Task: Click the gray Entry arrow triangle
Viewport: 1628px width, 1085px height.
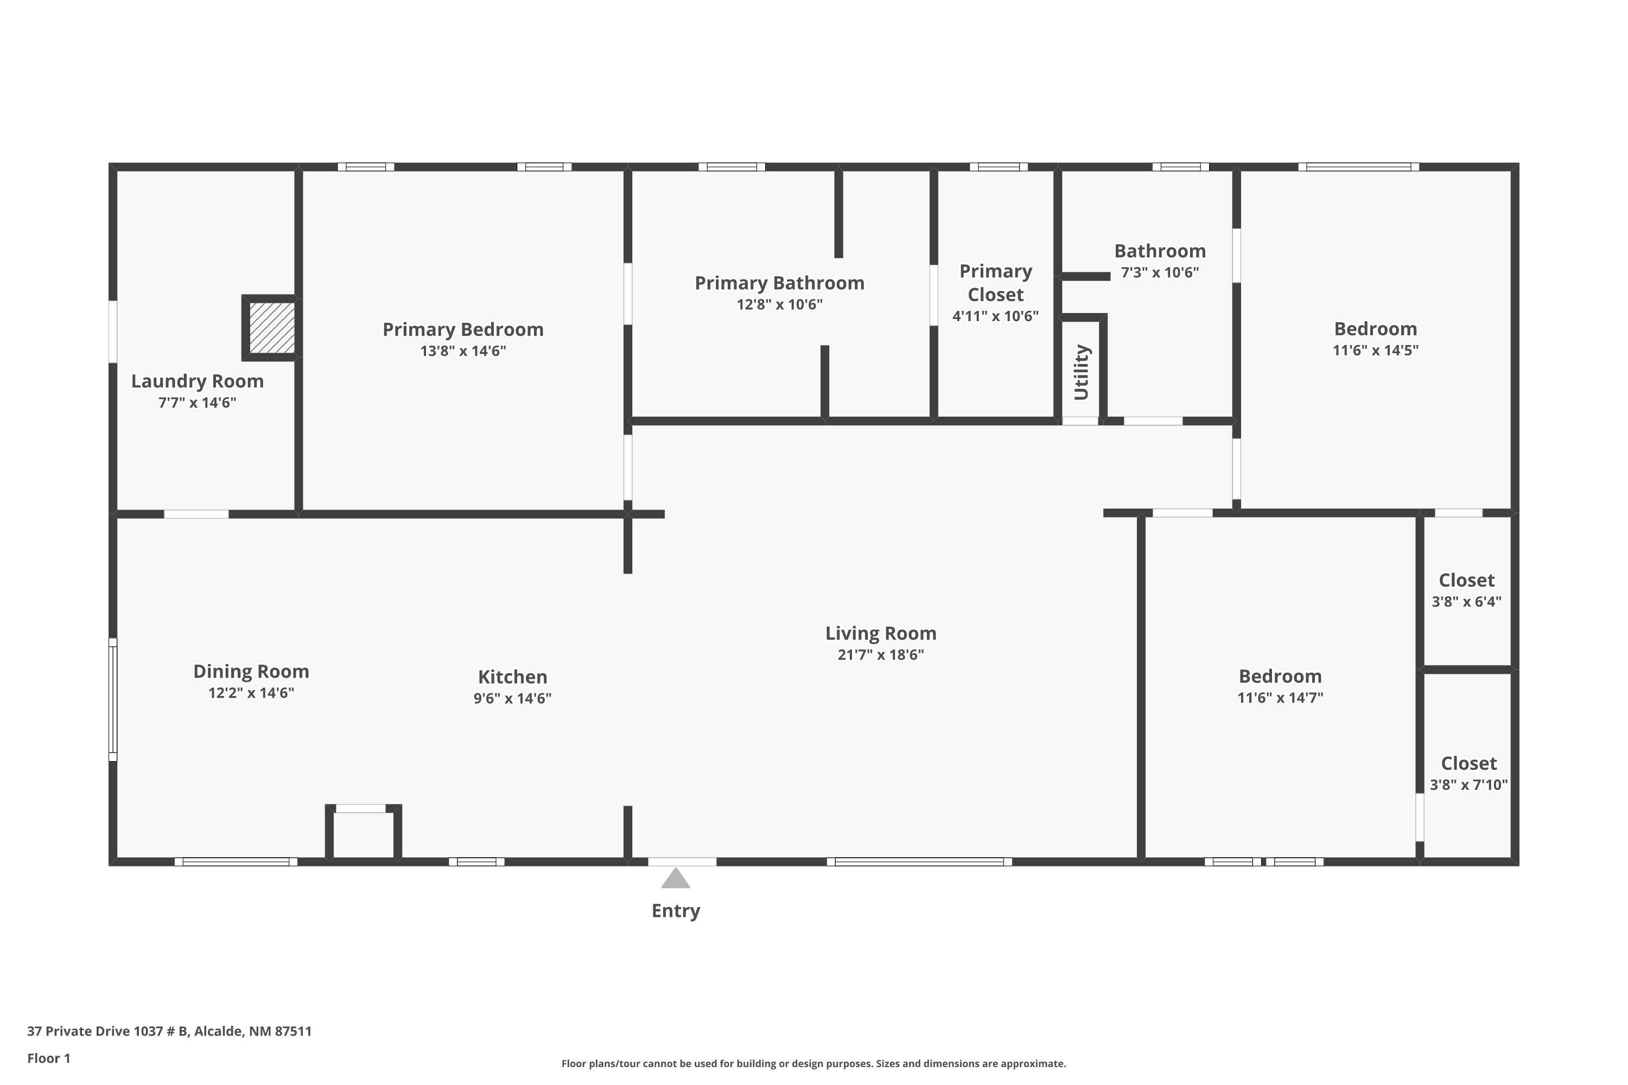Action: pyautogui.click(x=676, y=879)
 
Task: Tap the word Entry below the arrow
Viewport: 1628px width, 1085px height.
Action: pyautogui.click(x=676, y=911)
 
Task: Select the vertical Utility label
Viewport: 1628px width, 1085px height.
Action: pyautogui.click(x=1081, y=372)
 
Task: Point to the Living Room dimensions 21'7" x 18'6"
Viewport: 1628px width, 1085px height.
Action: pyautogui.click(x=880, y=655)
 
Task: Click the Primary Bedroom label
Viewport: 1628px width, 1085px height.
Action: pyautogui.click(x=463, y=329)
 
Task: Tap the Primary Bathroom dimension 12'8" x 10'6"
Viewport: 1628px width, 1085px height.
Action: pyautogui.click(x=779, y=304)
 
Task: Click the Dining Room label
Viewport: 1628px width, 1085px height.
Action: pyautogui.click(x=251, y=671)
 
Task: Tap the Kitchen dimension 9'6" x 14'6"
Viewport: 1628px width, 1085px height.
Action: pyautogui.click(x=512, y=698)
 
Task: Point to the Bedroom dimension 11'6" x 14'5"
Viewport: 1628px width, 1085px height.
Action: pyautogui.click(x=1375, y=350)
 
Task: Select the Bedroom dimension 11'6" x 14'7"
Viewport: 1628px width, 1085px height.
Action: pyautogui.click(x=1280, y=698)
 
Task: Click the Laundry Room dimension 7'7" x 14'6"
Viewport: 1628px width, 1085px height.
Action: pyautogui.click(x=198, y=403)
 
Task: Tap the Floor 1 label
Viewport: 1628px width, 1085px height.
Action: pyautogui.click(x=48, y=1058)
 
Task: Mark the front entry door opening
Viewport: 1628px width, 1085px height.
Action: pyautogui.click(x=682, y=861)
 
